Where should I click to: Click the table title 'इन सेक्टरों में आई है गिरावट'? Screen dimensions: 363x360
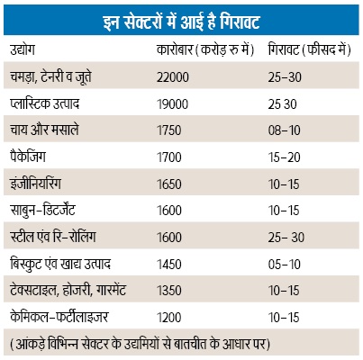[181, 22]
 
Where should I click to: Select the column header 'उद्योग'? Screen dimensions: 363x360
[23, 49]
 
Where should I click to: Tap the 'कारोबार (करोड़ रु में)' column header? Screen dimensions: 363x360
[205, 49]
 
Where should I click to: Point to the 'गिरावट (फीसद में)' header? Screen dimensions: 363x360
[310, 49]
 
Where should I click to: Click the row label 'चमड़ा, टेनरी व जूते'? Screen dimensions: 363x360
[50, 76]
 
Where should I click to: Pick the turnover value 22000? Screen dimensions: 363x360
[173, 77]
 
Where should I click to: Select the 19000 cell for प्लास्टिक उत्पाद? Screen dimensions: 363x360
[172, 104]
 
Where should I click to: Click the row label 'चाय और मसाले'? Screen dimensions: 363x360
[44, 130]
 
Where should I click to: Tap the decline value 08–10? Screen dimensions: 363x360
[285, 130]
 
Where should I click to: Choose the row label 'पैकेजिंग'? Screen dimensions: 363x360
[28, 157]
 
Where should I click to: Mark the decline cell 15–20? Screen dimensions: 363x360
[285, 157]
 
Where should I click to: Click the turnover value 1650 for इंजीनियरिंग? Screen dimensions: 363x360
[169, 184]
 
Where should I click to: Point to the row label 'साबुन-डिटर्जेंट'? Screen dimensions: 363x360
[42, 210]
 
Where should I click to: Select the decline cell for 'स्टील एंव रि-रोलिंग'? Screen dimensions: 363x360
[286, 238]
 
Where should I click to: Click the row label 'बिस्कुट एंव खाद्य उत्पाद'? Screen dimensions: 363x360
[60, 264]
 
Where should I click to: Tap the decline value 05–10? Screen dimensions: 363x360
[285, 265]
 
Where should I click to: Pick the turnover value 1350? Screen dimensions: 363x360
[169, 291]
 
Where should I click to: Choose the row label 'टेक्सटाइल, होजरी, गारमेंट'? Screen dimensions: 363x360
[68, 290]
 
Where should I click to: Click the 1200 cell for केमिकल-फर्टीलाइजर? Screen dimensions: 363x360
[169, 318]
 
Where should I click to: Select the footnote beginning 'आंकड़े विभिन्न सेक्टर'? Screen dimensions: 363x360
[140, 344]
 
